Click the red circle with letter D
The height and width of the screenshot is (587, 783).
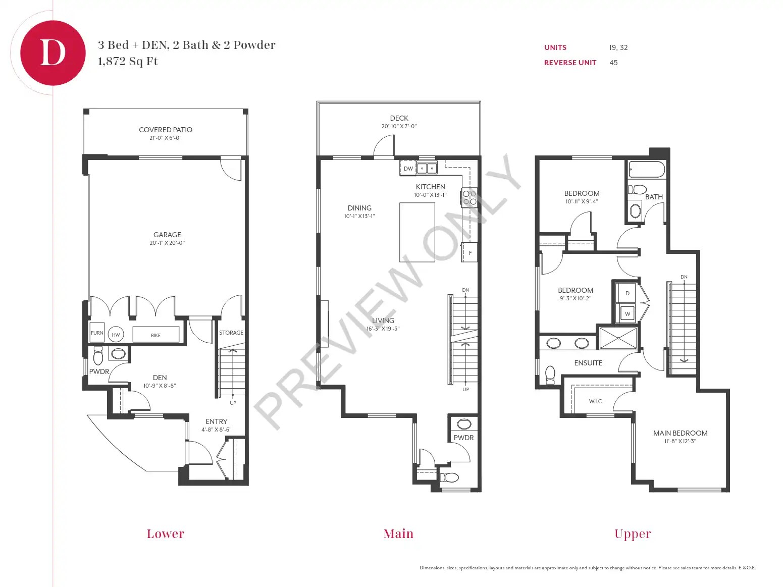53,52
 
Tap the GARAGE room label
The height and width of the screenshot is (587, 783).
167,235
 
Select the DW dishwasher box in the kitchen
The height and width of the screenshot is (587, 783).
408,169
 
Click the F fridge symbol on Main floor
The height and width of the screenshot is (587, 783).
470,253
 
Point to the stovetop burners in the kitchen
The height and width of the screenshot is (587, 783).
469,197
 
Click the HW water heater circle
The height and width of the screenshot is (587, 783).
116,335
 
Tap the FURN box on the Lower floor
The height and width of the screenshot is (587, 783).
97,333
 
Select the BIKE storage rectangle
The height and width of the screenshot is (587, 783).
155,335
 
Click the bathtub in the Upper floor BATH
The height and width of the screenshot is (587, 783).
647,170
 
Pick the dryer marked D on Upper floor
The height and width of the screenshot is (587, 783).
628,293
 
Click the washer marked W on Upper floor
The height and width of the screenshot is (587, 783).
628,313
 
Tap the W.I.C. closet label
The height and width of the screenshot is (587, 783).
596,401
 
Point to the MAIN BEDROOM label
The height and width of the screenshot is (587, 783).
680,433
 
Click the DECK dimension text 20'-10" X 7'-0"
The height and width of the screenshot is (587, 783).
399,126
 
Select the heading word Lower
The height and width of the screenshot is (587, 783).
165,533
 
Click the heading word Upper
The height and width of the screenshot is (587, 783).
633,533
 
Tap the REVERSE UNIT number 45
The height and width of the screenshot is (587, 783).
613,63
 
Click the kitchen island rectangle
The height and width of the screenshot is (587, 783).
417,232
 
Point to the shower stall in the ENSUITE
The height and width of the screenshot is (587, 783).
618,338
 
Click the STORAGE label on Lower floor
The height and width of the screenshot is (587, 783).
231,333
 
